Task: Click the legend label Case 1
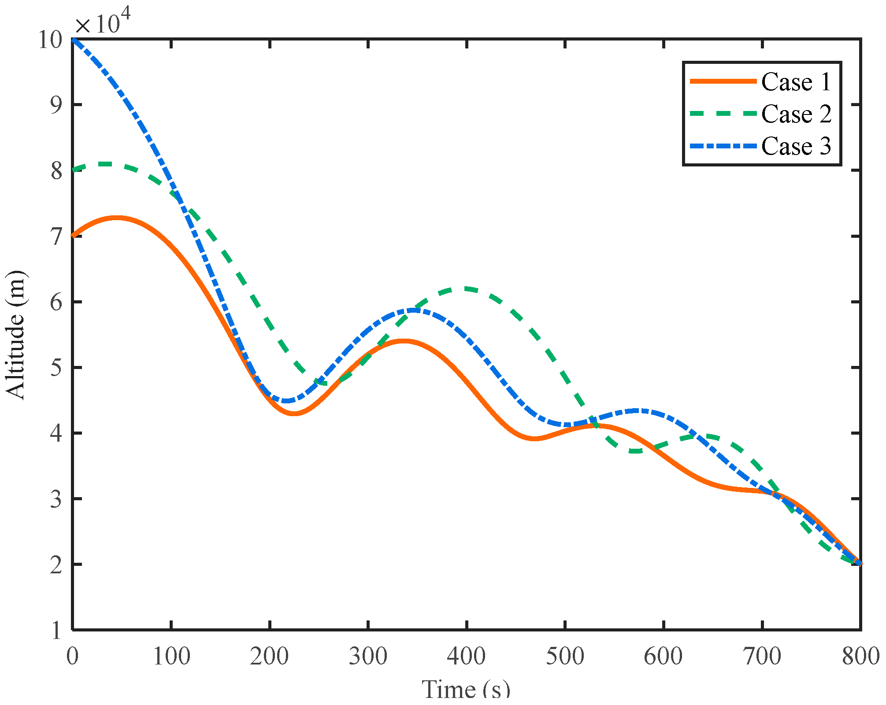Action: [x=796, y=82]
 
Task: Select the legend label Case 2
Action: [x=796, y=114]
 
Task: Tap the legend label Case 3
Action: [x=796, y=146]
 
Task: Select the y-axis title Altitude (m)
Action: [x=15, y=335]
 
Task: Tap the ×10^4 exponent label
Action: [x=103, y=23]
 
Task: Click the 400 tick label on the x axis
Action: [x=466, y=656]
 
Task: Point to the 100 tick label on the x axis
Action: [x=171, y=656]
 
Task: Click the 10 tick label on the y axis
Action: [x=50, y=40]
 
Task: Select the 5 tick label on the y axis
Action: [x=56, y=368]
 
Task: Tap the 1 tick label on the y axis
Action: [x=56, y=631]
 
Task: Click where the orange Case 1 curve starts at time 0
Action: [x=73, y=236]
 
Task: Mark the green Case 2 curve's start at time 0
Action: [x=73, y=170]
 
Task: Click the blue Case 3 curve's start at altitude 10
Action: [x=73, y=39]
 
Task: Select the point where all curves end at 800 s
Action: [x=860, y=564]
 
